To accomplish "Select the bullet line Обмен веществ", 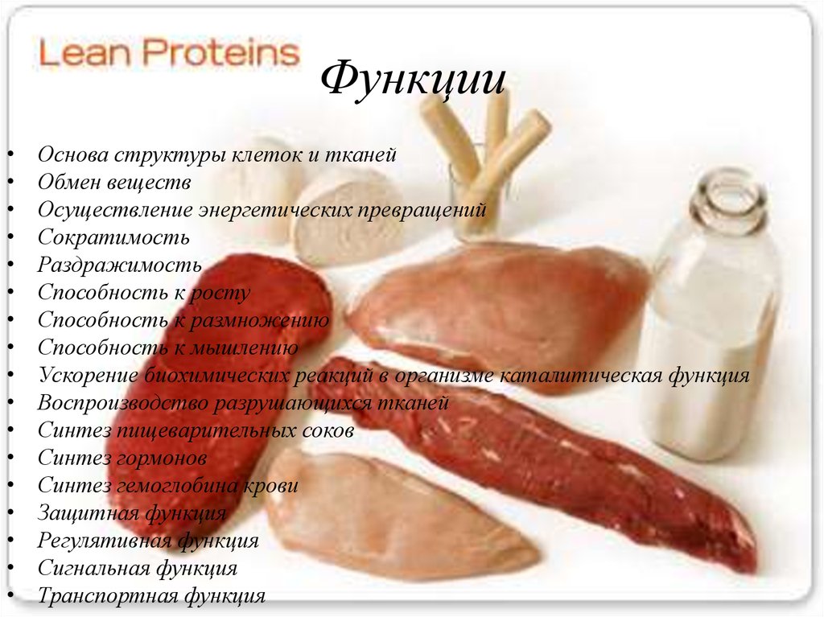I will coord(114,183).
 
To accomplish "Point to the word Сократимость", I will coord(113,238).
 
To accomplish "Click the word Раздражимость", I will coord(120,265).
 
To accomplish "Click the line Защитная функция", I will coord(132,513).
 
